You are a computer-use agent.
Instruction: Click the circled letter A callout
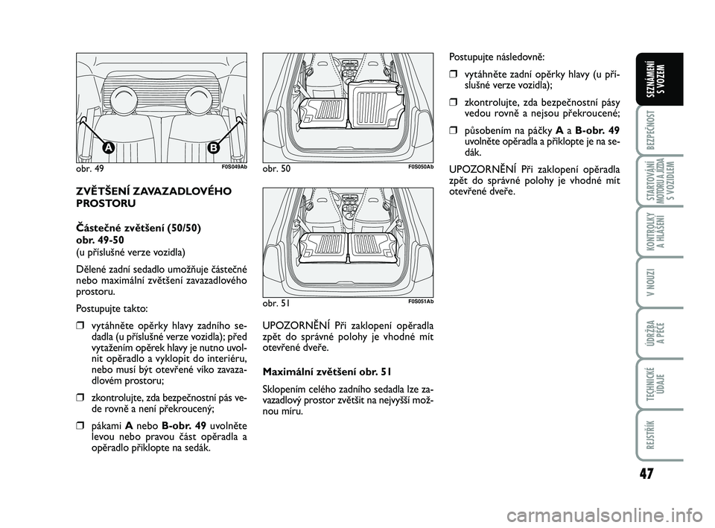109,148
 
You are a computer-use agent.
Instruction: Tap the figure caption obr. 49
89,169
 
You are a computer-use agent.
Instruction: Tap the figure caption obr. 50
275,169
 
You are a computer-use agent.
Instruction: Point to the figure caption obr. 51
275,304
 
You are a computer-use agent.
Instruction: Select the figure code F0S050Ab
420,167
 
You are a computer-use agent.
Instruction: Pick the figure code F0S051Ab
420,301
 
